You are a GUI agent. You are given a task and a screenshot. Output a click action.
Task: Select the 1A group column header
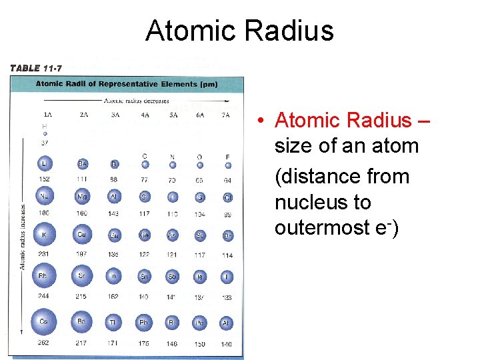coord(47,115)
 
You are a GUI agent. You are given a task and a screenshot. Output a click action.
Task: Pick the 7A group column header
coord(226,115)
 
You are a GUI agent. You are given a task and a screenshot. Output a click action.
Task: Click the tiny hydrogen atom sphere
coord(45,133)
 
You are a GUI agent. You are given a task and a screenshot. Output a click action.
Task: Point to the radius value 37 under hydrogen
coord(45,142)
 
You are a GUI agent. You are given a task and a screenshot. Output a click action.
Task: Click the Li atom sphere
coord(45,164)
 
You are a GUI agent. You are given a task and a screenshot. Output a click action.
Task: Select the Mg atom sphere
coord(83,197)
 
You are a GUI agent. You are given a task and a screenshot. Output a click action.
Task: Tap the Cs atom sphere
coord(44,322)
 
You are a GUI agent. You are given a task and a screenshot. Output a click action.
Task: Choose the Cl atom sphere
coord(227,198)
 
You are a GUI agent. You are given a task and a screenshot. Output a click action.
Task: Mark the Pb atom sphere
coord(143,323)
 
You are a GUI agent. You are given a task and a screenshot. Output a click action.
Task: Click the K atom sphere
coord(45,235)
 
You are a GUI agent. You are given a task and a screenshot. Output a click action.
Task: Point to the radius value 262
coord(44,343)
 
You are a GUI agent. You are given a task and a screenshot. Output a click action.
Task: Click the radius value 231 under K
coord(45,255)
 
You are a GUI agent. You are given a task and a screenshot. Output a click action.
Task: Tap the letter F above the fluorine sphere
coord(227,157)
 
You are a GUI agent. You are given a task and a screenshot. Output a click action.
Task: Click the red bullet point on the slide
coord(263,121)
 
